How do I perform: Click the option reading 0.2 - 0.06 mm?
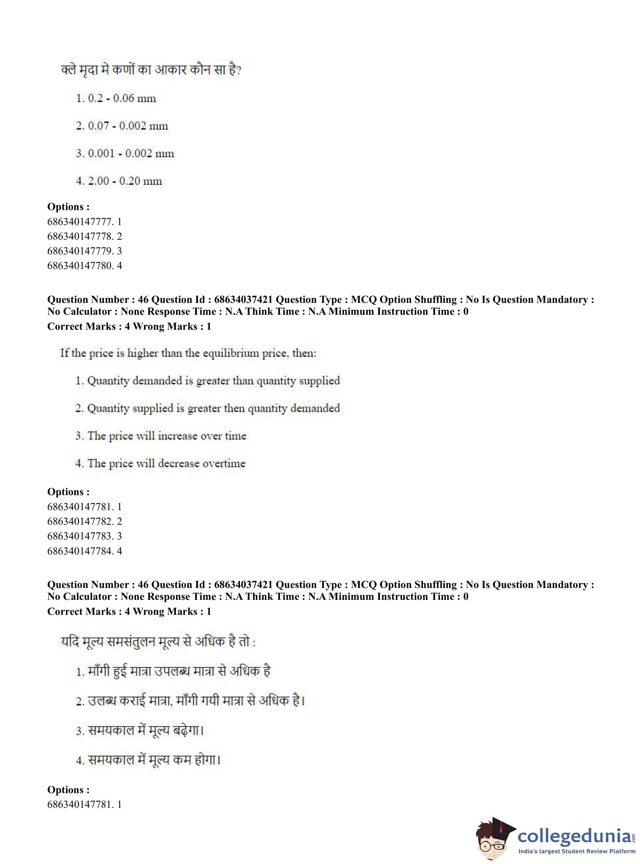point(116,98)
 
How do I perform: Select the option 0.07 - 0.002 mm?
point(122,126)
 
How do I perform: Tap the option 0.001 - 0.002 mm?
point(125,154)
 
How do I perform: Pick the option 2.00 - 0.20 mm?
point(119,181)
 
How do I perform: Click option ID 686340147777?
point(84,222)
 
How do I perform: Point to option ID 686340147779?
point(84,251)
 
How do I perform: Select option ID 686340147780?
point(84,266)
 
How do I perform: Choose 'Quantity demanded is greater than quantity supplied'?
point(208,381)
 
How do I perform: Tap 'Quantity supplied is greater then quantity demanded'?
point(208,408)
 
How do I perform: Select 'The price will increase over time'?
point(161,436)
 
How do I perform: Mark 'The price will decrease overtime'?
point(160,463)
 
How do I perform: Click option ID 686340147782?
point(84,522)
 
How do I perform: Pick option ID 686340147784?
point(84,551)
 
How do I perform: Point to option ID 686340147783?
point(84,536)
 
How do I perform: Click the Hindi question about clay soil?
point(151,70)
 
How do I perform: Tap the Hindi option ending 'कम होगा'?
point(148,760)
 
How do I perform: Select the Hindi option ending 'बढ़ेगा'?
point(140,731)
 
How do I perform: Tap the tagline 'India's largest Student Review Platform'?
point(577,851)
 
